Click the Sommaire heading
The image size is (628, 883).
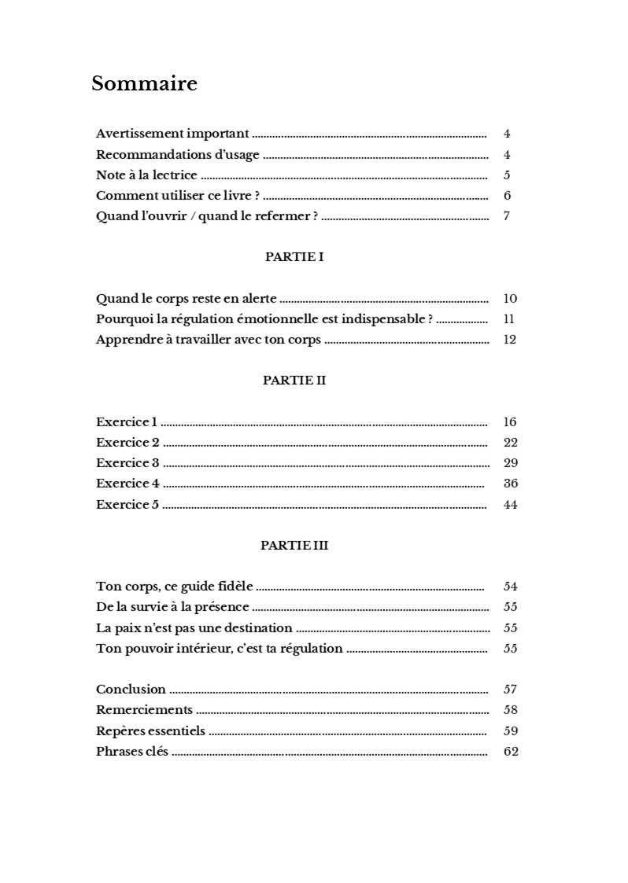pos(144,83)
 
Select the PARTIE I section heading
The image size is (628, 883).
pos(294,257)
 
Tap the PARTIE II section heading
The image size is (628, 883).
pos(294,381)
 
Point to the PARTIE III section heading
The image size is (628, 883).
pos(294,545)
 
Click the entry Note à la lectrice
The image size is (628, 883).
pos(146,175)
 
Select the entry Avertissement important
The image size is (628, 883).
pos(172,134)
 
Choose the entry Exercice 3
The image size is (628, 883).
pos(127,463)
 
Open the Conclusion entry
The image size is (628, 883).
pos(131,690)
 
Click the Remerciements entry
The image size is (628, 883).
pos(144,710)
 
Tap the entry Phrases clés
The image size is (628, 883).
pos(132,752)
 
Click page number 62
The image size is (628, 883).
pos(511,752)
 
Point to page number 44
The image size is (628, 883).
pos(510,505)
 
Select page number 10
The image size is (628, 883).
pos(510,299)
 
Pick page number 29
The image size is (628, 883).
pos(510,463)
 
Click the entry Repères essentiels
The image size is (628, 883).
pos(150,731)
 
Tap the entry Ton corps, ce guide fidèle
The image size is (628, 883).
pos(175,587)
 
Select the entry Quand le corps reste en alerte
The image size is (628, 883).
pos(186,299)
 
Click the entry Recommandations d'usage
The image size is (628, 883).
pos(178,155)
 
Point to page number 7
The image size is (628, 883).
pos(507,216)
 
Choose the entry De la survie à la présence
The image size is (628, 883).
pos(172,607)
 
